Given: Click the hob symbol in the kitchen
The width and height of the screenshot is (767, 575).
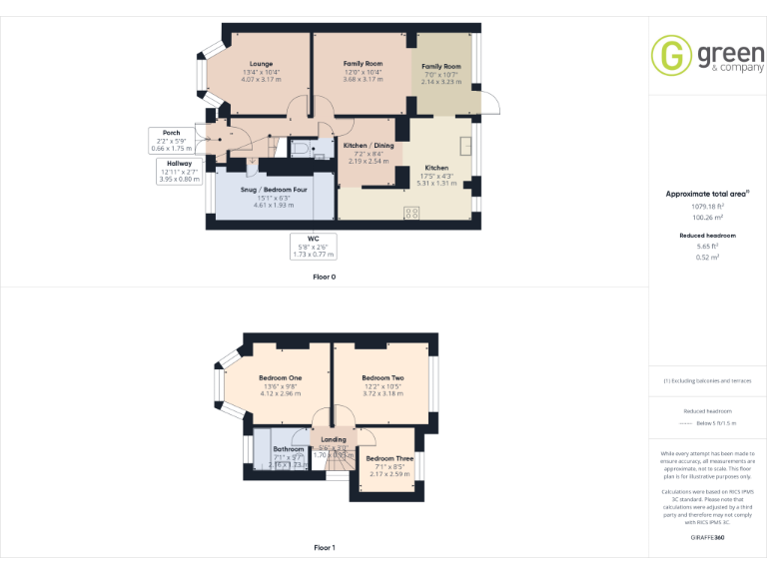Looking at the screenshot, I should (410, 210).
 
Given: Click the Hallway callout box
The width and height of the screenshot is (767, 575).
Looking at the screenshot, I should (180, 171).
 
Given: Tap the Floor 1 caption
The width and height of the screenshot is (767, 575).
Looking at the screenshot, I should (324, 548).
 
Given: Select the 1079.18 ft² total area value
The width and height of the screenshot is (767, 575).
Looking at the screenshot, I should (706, 207).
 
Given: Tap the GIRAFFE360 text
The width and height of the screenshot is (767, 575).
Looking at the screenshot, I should (706, 538).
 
